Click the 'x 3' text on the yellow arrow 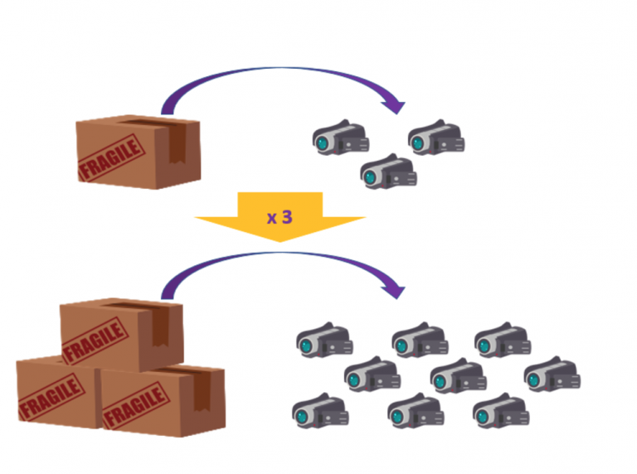coord(280,217)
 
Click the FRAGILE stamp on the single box coord(108,157)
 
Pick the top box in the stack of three coord(121,332)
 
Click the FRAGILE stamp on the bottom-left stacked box coord(51,396)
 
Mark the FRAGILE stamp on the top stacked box coord(95,340)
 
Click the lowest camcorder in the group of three coord(388,172)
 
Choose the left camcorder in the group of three coord(340,138)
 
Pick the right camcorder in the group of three coord(436,138)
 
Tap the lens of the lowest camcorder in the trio coord(370,174)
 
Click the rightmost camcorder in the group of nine coord(552,375)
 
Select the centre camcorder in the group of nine coord(457,375)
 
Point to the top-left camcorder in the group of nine coord(324,340)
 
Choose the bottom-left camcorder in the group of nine coord(320,410)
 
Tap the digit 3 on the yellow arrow coord(287,216)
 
